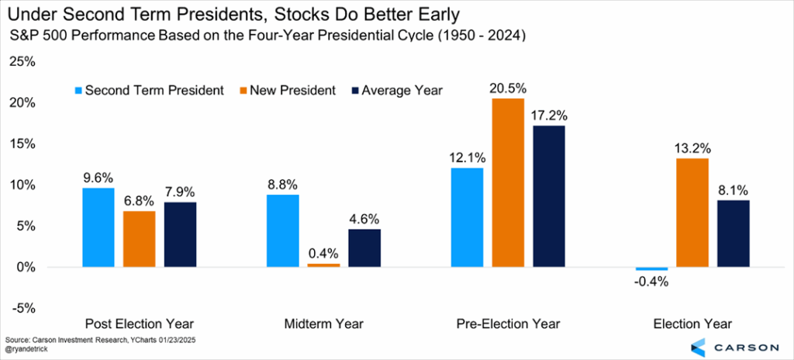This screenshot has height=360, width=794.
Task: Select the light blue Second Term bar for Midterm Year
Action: point(283,230)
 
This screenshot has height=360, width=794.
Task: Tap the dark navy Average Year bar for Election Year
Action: point(733,234)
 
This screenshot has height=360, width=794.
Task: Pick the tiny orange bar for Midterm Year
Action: point(324,265)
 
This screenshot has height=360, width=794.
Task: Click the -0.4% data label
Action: point(650,282)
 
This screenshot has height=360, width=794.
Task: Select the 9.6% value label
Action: point(98,177)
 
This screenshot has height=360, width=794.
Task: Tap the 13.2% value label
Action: point(692,148)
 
